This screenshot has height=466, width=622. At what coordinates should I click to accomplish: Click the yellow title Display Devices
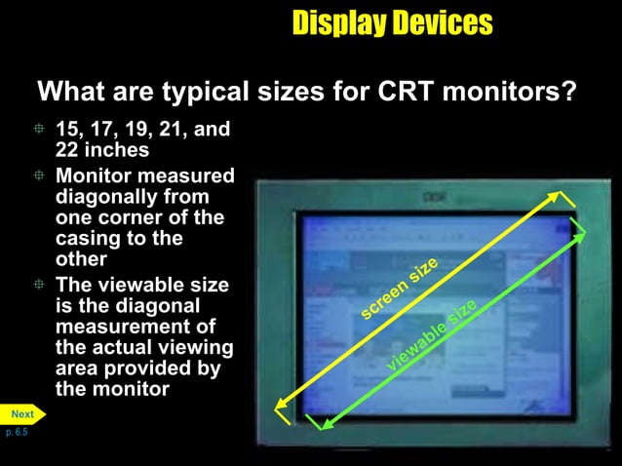[x=392, y=23]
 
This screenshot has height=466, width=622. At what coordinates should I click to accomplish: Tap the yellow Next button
[x=22, y=414]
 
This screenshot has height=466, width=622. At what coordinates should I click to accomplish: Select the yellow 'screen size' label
[x=399, y=290]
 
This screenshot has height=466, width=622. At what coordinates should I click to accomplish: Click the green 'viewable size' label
[x=432, y=334]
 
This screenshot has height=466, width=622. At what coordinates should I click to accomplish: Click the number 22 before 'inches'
[x=68, y=150]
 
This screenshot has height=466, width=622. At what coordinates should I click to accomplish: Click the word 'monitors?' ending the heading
[x=521, y=94]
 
